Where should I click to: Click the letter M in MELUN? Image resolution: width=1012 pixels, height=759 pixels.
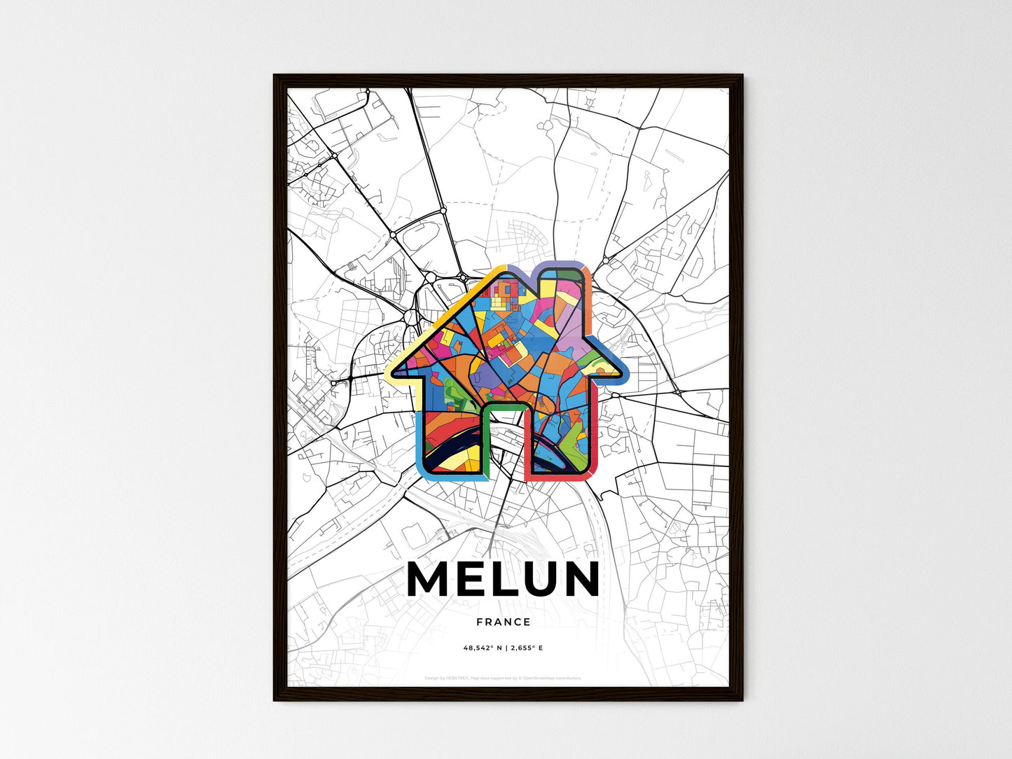[x=429, y=580]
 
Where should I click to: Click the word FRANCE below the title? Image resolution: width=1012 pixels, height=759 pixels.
[x=504, y=622]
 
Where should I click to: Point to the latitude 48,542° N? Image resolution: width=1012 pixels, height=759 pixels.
[x=483, y=648]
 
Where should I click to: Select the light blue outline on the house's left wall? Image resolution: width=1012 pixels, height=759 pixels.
[x=422, y=434]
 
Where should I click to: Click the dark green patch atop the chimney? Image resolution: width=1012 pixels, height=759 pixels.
[x=574, y=274]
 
